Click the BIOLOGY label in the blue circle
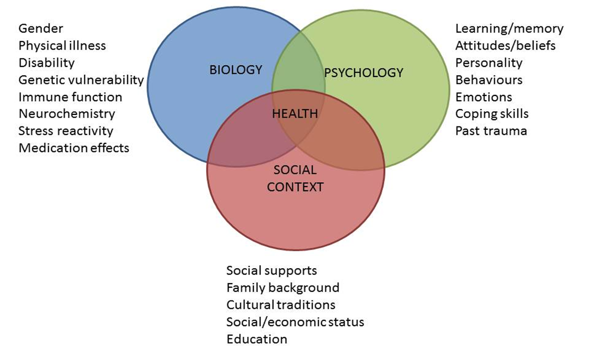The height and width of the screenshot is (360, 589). [235, 70]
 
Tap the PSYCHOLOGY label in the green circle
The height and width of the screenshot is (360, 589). [364, 73]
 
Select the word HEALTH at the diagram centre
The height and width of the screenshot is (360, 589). [295, 113]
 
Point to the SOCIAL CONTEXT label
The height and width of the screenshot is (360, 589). [295, 178]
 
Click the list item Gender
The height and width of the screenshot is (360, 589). [41, 28]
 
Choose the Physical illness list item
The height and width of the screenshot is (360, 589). [62, 46]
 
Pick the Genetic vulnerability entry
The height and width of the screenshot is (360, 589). [81, 80]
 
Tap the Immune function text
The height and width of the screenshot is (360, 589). [70, 97]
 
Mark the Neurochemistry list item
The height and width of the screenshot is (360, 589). [67, 114]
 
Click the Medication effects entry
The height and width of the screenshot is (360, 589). [74, 148]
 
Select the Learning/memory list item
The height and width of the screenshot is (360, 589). [509, 28]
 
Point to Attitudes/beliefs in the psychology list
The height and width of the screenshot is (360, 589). [505, 46]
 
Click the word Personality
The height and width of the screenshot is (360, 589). [489, 63]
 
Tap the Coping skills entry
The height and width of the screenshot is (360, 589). [492, 114]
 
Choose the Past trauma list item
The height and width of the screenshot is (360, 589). [491, 131]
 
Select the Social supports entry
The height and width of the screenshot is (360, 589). [272, 270]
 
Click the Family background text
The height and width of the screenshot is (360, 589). [283, 288]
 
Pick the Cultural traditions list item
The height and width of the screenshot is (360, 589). [281, 305]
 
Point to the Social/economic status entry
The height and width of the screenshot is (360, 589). [295, 322]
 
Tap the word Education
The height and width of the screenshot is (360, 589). [257, 339]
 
